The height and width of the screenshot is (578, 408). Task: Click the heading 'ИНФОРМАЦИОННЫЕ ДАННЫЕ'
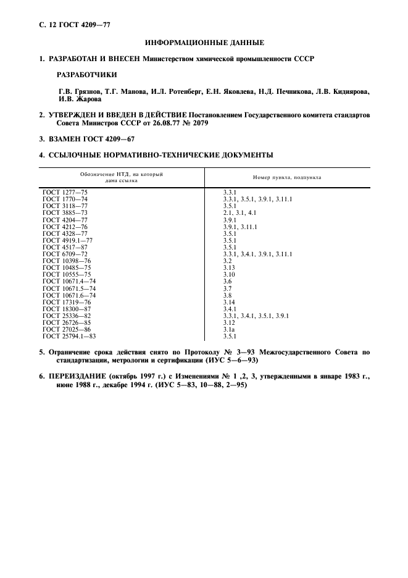coord(204,43)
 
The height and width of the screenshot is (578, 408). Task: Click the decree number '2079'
coord(201,123)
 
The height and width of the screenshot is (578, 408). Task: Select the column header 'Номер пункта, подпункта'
coord(286,177)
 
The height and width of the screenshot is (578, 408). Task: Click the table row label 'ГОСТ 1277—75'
coord(65,193)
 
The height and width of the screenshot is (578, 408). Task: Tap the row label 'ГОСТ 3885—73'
coord(65,212)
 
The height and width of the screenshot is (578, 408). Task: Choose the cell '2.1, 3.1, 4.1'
coord(239,212)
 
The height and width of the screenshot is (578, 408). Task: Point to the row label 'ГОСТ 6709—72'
coord(65,254)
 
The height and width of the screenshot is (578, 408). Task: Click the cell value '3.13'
coord(230,267)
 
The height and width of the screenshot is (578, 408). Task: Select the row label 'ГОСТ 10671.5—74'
coord(69,288)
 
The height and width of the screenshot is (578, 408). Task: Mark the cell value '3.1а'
coord(230,329)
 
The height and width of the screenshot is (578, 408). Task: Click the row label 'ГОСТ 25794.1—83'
coord(69,336)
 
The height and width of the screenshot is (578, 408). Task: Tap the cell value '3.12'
coord(230,322)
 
